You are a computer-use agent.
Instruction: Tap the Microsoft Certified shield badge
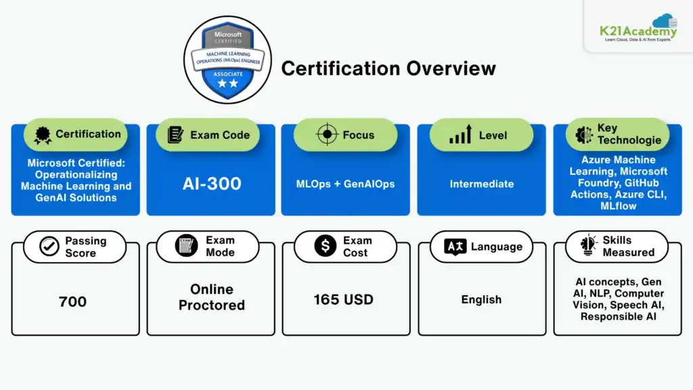point(227,60)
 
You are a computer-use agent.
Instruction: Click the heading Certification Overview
point(388,68)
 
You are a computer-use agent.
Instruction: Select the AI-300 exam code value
point(212,183)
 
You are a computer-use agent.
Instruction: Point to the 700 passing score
point(72,301)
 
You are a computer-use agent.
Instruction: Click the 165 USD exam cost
point(343,300)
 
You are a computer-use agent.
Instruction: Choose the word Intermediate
point(482,184)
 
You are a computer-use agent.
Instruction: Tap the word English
point(481,300)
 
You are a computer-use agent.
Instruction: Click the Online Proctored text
point(212,297)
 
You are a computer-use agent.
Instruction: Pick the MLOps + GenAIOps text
point(345,184)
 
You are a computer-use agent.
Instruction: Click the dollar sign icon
point(326,245)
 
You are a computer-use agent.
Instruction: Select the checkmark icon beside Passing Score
point(49,246)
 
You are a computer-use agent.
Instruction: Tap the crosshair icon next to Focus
point(327,135)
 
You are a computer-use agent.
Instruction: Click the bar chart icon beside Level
point(460,135)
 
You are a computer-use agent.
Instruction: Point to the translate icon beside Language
point(455,246)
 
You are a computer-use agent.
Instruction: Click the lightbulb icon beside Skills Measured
point(588,245)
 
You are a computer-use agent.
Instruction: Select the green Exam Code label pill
point(208,135)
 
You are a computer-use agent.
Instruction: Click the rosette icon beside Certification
point(43,135)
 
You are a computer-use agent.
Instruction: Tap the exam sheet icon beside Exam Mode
point(186,245)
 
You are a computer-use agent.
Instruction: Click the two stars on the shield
point(227,83)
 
